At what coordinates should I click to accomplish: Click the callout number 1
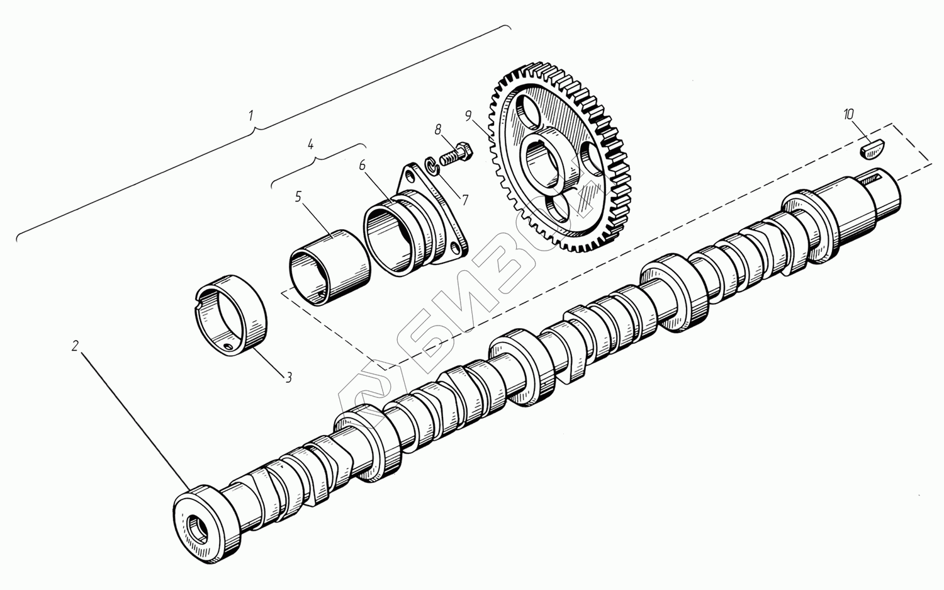pyautogui.click(x=252, y=116)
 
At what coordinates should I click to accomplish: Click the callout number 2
pyautogui.click(x=75, y=346)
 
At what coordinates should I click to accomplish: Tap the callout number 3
pyautogui.click(x=288, y=377)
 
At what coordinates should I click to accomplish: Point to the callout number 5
pyautogui.click(x=298, y=196)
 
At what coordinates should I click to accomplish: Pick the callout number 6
pyautogui.click(x=362, y=166)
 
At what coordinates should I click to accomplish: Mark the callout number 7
pyautogui.click(x=465, y=200)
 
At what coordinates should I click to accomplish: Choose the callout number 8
pyautogui.click(x=439, y=129)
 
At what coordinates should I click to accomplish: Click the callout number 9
pyautogui.click(x=469, y=116)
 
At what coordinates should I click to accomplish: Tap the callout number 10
pyautogui.click(x=848, y=114)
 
